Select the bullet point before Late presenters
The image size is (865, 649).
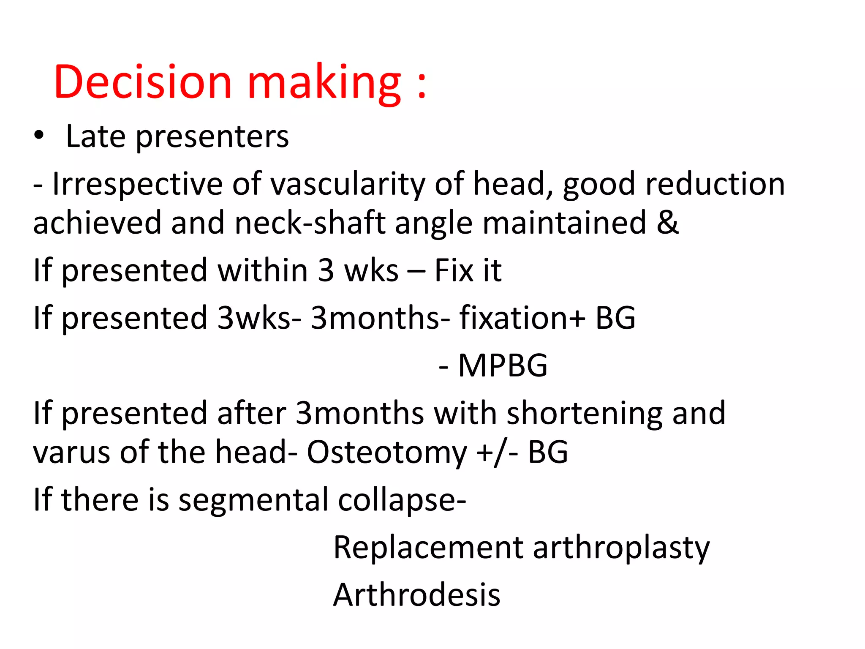pyautogui.click(x=39, y=136)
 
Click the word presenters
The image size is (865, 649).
pyautogui.click(x=212, y=137)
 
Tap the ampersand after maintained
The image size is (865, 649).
pyautogui.click(x=667, y=222)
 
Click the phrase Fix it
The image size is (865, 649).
pyautogui.click(x=468, y=270)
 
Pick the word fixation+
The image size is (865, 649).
pyautogui.click(x=522, y=318)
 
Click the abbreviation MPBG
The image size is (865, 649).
pyautogui.click(x=503, y=365)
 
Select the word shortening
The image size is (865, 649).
pyautogui.click(x=585, y=413)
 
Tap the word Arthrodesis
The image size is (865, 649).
pyautogui.click(x=416, y=595)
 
